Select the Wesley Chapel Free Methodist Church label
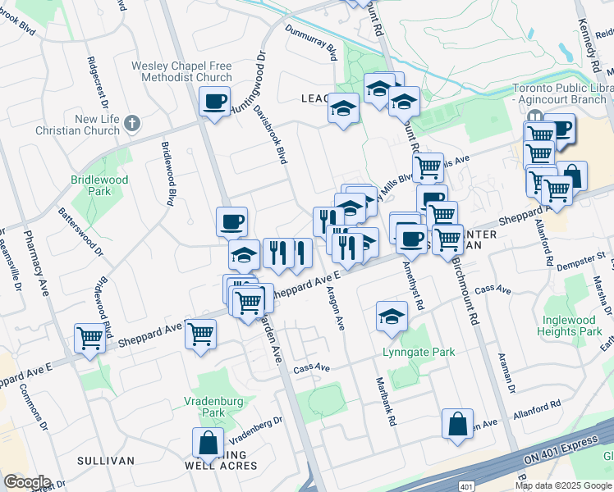[x=181, y=71]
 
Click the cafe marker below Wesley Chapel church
[x=214, y=102]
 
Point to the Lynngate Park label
[x=419, y=352]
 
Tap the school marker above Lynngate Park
[x=392, y=317]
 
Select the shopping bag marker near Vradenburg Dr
[x=208, y=443]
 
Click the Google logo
[x=27, y=482]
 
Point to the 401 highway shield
[x=465, y=486]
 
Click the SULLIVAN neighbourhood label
[x=106, y=461]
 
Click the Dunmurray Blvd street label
[x=312, y=42]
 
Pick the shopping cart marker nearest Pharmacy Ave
[x=89, y=337]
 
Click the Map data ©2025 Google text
[x=563, y=485]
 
